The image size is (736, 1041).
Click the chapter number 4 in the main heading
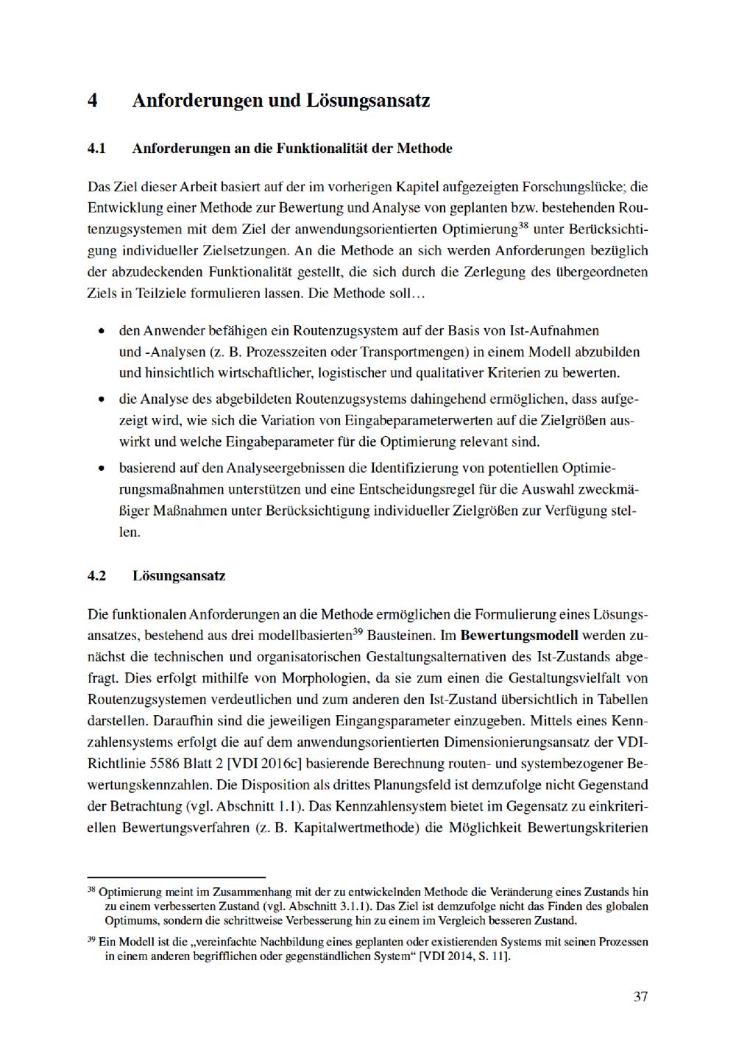coord(93,101)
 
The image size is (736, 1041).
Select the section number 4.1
coord(96,149)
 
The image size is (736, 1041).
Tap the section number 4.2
coord(96,576)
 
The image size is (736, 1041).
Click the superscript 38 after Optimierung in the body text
coord(523,224)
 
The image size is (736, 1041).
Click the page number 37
coord(640,997)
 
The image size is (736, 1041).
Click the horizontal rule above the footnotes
coord(176,877)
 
